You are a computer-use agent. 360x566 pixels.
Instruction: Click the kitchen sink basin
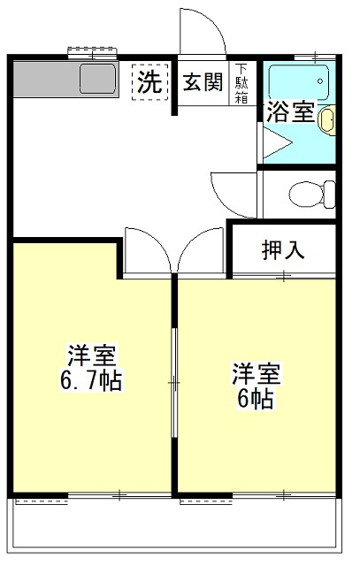98,79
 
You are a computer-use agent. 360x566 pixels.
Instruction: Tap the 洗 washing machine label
149,82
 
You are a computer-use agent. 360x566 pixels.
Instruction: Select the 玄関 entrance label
203,82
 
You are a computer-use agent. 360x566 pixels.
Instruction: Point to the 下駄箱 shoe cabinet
242,83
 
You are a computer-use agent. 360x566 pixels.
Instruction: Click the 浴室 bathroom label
290,112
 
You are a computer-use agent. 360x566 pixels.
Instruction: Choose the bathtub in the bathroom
299,82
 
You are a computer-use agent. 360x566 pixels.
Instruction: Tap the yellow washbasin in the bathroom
326,120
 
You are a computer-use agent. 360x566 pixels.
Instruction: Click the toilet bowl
313,195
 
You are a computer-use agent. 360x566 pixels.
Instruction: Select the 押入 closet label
283,249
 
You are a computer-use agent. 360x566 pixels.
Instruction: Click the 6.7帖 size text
91,380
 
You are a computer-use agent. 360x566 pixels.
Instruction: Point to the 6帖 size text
255,399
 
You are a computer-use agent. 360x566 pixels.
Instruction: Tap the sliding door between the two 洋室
174,383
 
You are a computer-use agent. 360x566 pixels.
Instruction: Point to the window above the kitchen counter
93,53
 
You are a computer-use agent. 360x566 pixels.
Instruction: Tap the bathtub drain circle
320,81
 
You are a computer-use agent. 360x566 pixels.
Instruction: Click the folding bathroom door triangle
277,143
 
